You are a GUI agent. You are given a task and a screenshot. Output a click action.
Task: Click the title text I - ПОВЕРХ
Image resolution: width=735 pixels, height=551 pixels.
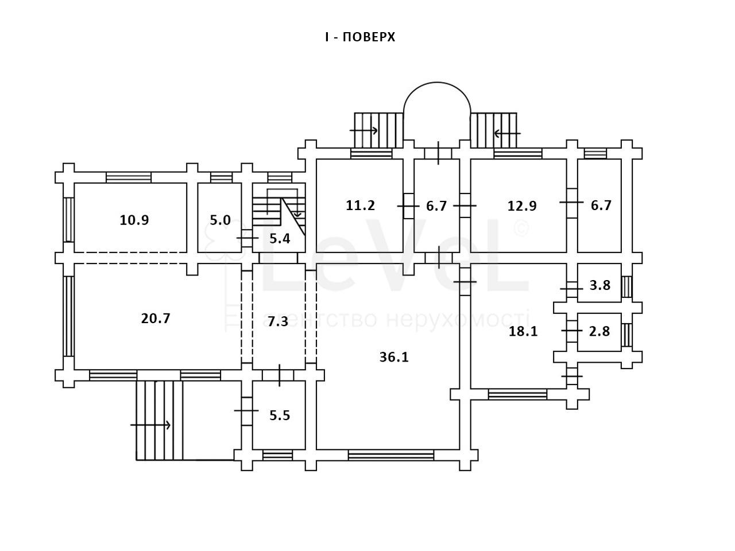(360, 37)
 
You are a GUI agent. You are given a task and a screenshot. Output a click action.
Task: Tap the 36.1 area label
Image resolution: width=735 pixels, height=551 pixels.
(394, 357)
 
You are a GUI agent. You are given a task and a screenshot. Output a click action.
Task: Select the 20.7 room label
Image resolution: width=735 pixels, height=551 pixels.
(156, 318)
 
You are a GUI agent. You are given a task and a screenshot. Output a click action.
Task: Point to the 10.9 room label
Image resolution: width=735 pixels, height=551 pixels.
(134, 220)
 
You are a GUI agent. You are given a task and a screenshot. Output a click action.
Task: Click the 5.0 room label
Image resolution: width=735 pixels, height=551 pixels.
(220, 220)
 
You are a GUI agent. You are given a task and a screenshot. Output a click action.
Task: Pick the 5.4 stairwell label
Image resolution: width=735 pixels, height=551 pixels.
(280, 239)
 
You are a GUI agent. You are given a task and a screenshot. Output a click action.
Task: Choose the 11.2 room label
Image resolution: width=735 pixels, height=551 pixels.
(360, 205)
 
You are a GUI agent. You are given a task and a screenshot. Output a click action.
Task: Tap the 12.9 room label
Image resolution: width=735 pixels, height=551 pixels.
(522, 205)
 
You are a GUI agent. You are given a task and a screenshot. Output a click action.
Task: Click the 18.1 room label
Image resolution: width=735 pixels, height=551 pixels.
(523, 331)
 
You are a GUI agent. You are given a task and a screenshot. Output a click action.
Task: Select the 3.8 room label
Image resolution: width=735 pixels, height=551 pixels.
(600, 285)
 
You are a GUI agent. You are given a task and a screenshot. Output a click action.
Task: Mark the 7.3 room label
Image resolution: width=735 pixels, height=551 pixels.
(278, 321)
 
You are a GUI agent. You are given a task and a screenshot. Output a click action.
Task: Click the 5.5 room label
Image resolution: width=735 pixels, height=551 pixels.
(280, 416)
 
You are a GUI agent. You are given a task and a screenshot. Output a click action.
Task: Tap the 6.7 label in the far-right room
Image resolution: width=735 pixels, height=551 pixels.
(601, 205)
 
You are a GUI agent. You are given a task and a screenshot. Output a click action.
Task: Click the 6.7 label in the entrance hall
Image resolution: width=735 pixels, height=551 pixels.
(436, 206)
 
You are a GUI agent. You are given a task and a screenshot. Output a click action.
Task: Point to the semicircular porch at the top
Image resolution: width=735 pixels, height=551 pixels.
(437, 109)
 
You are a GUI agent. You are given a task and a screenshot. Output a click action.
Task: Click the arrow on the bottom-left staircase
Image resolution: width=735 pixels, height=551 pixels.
(151, 425)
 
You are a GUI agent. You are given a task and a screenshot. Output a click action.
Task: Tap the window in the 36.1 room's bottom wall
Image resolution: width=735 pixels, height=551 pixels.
(391, 455)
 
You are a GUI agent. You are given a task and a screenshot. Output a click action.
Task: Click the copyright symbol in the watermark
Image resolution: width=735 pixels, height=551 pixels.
(520, 228)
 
